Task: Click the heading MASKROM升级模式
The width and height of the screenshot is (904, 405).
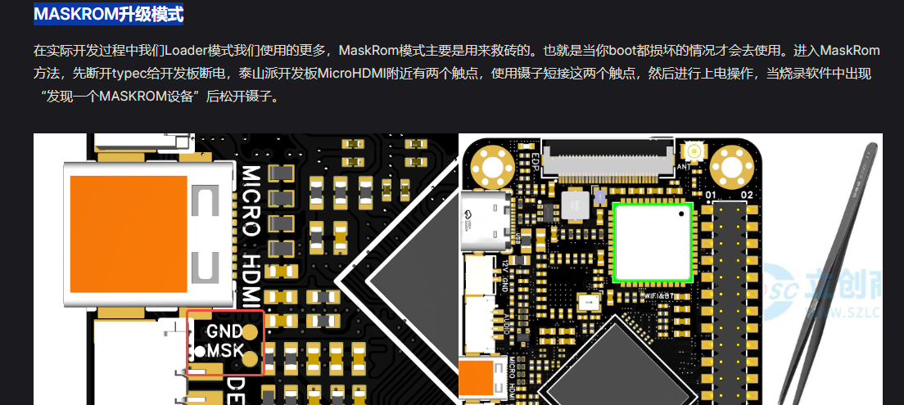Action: pos(108,14)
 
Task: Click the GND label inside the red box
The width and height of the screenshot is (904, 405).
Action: pos(224,332)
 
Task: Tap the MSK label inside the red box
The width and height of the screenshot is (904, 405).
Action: pos(224,352)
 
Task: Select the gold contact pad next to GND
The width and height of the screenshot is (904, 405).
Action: pos(251,333)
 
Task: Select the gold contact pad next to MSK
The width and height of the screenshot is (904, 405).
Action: pos(251,357)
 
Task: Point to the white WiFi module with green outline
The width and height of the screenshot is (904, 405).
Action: pos(653,242)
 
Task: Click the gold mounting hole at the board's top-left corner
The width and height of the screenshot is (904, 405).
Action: pos(493,167)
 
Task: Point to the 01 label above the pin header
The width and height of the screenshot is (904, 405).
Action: pos(712,195)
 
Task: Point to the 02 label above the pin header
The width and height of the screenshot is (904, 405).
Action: pos(746,195)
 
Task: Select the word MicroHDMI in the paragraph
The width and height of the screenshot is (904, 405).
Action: pos(352,74)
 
